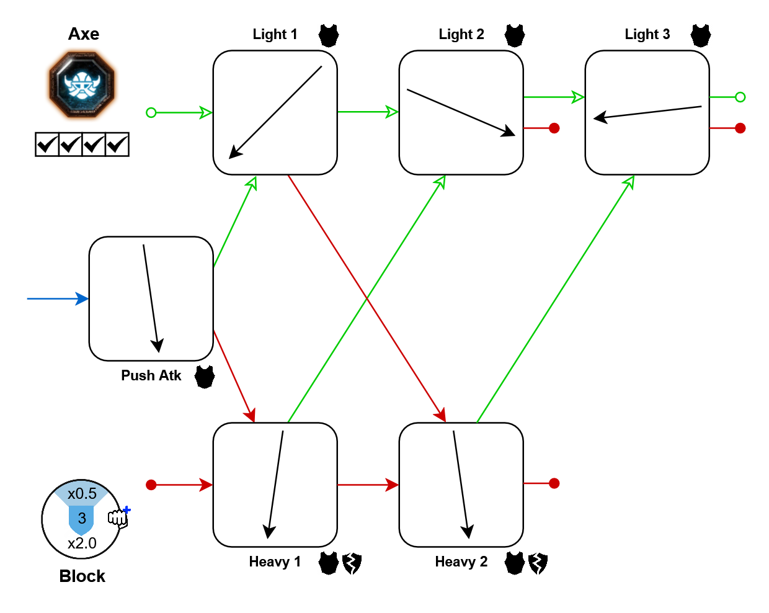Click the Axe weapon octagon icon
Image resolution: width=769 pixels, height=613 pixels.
(x=82, y=85)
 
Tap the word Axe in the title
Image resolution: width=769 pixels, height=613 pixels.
(x=84, y=34)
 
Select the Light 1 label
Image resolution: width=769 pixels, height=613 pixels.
(x=275, y=35)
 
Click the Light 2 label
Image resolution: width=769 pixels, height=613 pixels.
(x=461, y=35)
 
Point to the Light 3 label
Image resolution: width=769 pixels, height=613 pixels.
(x=647, y=35)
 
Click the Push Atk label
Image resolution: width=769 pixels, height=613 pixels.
(x=151, y=376)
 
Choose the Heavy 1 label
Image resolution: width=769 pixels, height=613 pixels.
(x=275, y=562)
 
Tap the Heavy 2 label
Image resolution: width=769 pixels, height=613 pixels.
(x=461, y=562)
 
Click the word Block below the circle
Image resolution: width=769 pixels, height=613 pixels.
(x=82, y=576)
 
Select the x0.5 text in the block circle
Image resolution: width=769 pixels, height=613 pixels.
(x=82, y=494)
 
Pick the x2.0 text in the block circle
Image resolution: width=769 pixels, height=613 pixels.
(x=82, y=544)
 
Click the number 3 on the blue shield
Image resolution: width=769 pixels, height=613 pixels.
(x=82, y=519)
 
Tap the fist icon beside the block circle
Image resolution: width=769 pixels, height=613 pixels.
(x=118, y=517)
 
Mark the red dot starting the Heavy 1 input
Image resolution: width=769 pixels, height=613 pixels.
(x=151, y=485)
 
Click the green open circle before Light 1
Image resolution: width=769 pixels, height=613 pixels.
(x=151, y=112)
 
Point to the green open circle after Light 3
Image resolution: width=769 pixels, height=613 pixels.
(x=740, y=97)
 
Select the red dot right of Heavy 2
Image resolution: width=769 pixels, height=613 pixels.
(x=554, y=483)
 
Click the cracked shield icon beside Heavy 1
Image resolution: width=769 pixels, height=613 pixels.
(x=352, y=563)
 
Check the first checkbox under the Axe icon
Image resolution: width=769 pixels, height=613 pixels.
(x=47, y=145)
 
